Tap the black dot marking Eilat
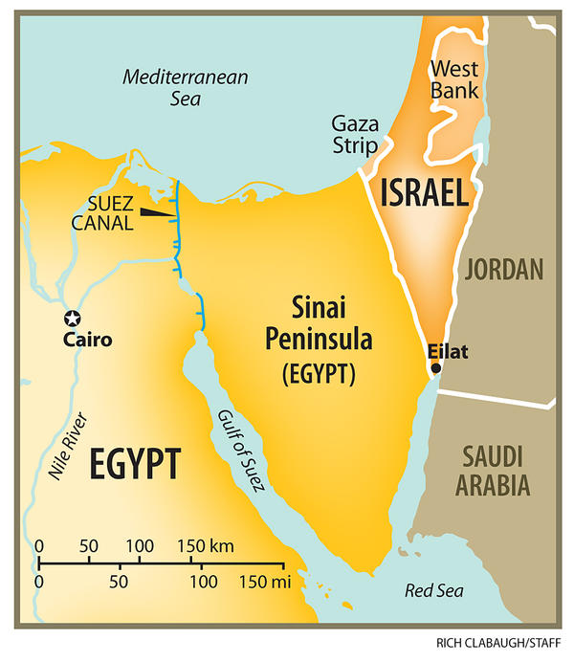[436, 368]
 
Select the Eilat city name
[448, 351]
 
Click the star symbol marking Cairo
[71, 319]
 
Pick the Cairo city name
[88, 340]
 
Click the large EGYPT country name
[135, 465]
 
